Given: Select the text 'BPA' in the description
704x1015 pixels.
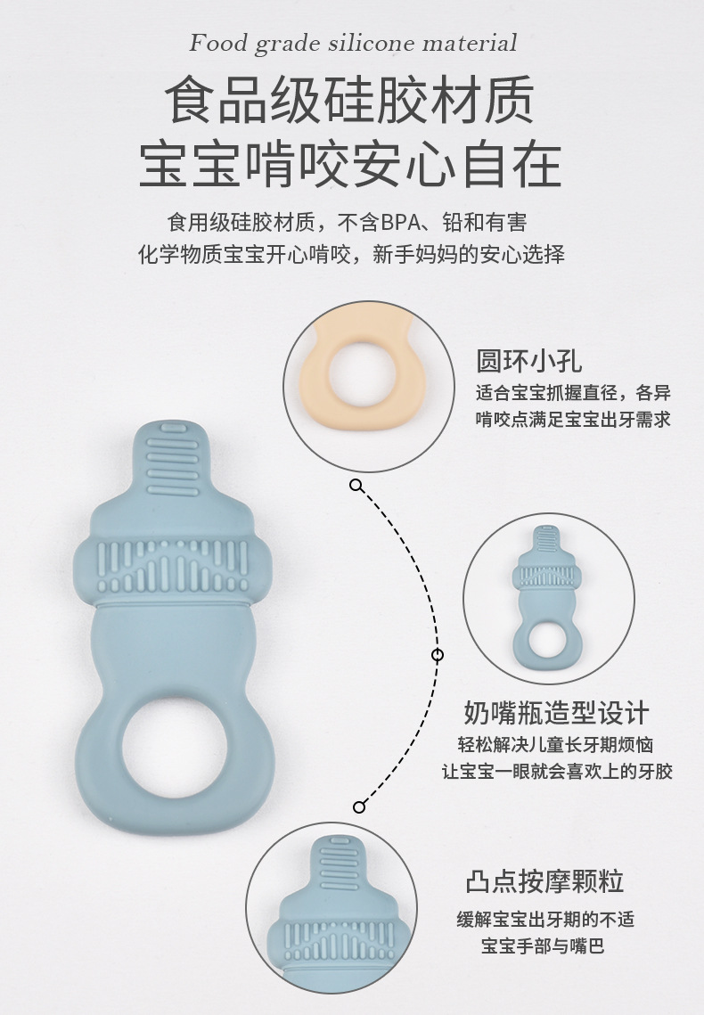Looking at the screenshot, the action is [x=400, y=223].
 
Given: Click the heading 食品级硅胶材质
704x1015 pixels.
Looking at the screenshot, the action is [x=349, y=101].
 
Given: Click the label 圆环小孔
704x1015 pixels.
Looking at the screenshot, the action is [x=529, y=361].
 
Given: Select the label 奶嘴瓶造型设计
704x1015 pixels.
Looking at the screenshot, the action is [x=556, y=713].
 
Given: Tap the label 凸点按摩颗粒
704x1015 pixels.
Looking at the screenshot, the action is [x=544, y=881].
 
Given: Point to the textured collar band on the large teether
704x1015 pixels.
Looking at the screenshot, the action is [x=172, y=566].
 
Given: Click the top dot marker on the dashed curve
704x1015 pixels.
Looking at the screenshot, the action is [x=356, y=485].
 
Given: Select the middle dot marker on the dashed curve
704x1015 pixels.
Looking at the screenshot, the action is [x=438, y=655].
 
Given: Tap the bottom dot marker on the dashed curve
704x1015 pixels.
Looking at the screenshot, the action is [x=359, y=806].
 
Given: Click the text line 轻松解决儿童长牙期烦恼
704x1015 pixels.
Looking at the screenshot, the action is [x=555, y=744].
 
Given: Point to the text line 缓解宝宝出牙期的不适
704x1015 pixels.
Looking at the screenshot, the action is [x=545, y=919].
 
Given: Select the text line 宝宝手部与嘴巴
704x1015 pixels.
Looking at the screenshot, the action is [x=542, y=945].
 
